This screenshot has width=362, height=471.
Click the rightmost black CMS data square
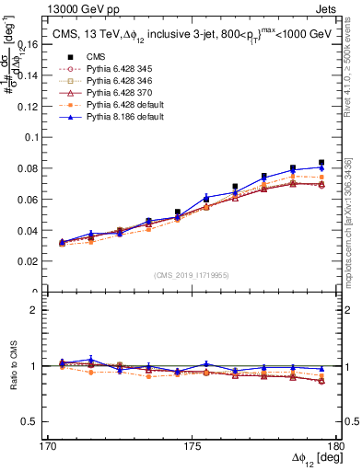[x=321, y=163]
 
